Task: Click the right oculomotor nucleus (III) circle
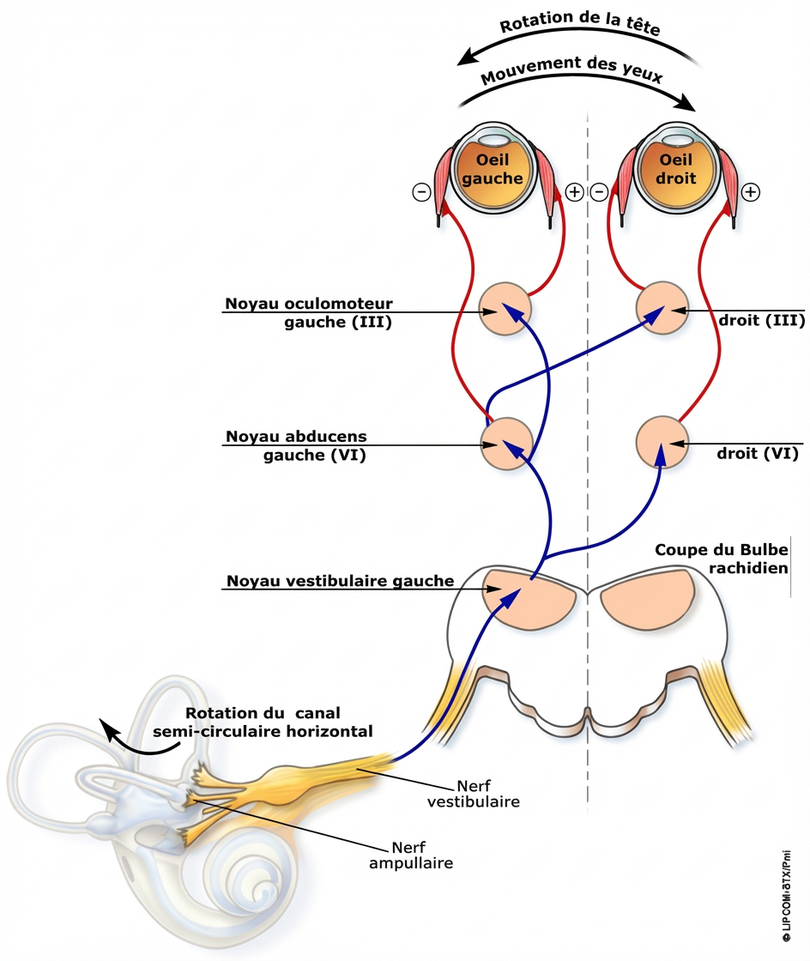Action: pos(662,306)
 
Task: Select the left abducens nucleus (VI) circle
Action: pos(505,444)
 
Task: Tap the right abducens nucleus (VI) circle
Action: pos(662,443)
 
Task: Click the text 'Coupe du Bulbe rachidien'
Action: pos(722,559)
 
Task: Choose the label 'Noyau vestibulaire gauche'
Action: pos(340,581)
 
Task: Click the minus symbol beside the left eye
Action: pos(421,193)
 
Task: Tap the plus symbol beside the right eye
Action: pos(750,192)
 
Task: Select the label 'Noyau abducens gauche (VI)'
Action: pos(296,445)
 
